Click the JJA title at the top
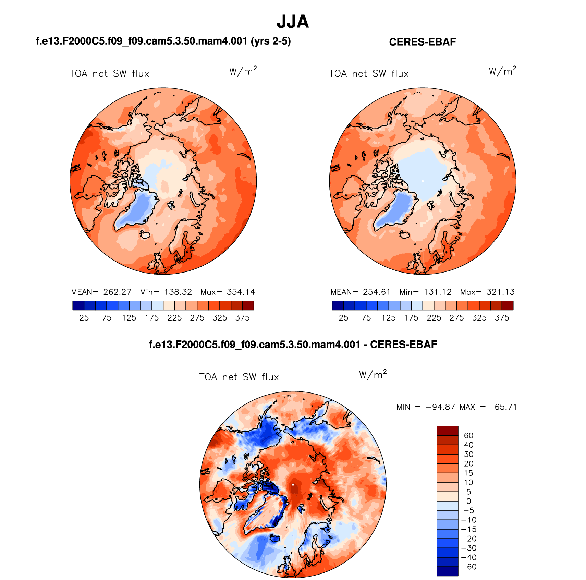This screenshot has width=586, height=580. [293, 22]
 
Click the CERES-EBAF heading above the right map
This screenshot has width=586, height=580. [422, 42]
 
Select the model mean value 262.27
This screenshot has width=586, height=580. [117, 292]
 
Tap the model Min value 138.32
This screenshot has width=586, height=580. [178, 292]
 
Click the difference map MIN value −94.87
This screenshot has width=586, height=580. [440, 407]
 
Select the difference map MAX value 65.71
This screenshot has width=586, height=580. [505, 407]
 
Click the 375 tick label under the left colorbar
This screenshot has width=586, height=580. [242, 318]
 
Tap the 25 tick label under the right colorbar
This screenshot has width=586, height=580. [343, 318]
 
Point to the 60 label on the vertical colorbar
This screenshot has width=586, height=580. [468, 435]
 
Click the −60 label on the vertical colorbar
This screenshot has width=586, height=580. [469, 567]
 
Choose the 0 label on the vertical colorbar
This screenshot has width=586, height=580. [468, 501]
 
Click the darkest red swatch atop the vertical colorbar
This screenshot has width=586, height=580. [447, 431]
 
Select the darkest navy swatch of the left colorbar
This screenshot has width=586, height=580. [78, 305]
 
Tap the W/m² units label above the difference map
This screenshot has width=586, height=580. [373, 374]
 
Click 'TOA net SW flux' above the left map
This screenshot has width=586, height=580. [109, 74]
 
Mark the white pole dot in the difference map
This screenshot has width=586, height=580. [293, 484]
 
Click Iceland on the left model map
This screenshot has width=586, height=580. [145, 234]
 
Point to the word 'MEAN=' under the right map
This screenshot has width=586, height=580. [344, 292]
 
